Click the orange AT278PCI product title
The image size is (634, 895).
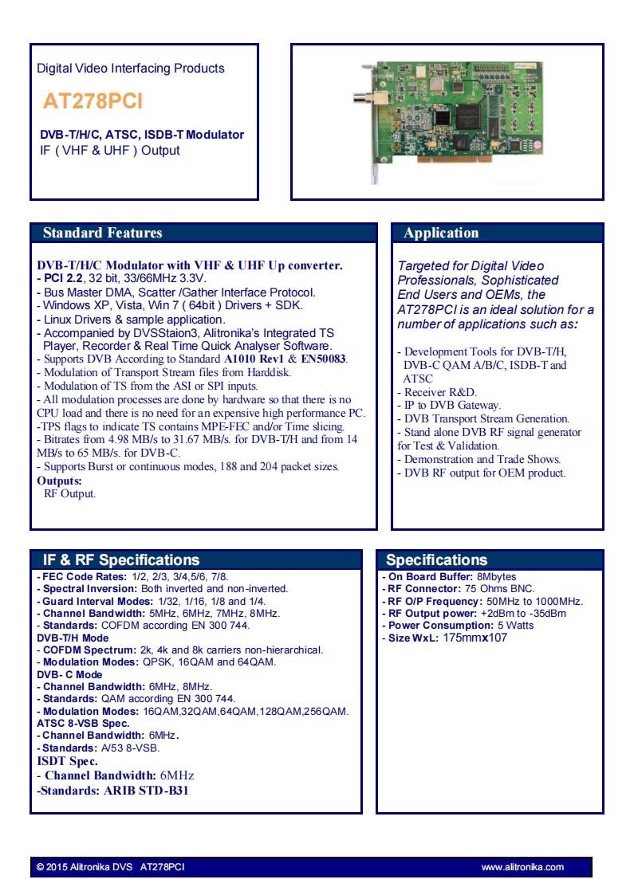pyautogui.click(x=93, y=101)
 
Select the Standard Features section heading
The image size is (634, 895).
pyautogui.click(x=102, y=233)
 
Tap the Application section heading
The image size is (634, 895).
pyautogui.click(x=441, y=233)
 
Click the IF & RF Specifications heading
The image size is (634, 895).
pyautogui.click(x=121, y=560)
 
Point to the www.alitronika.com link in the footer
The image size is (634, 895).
pyautogui.click(x=522, y=867)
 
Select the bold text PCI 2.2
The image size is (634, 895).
pyautogui.click(x=64, y=279)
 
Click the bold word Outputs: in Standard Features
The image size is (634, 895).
pyautogui.click(x=59, y=481)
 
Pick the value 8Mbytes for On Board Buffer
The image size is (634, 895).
pyautogui.click(x=496, y=576)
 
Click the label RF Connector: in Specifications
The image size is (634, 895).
pyautogui.click(x=424, y=588)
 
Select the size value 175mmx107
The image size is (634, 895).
pyautogui.click(x=475, y=638)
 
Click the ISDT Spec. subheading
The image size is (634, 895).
pyautogui.click(x=68, y=761)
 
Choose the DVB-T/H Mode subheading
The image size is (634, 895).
pyautogui.click(x=73, y=638)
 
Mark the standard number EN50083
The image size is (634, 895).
pyautogui.click(x=324, y=359)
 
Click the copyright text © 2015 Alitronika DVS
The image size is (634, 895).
pyautogui.click(x=85, y=867)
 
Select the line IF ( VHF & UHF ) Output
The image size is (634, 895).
pyautogui.click(x=110, y=151)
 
